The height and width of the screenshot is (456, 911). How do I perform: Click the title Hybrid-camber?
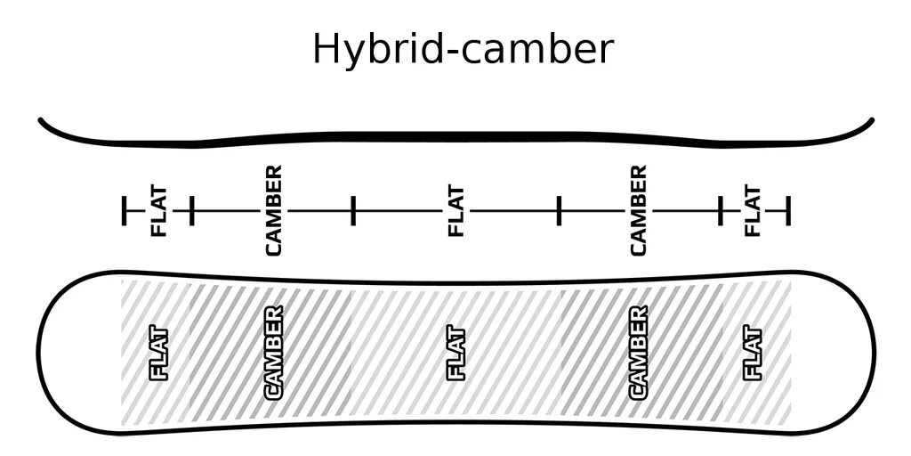coord(463,49)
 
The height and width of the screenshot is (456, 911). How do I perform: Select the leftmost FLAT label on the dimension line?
coord(159,211)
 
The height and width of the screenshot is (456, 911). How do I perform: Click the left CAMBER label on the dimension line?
coord(273,210)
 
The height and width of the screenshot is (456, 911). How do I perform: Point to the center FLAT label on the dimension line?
coord(455,211)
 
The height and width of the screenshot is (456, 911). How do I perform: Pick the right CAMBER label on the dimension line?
coord(637,210)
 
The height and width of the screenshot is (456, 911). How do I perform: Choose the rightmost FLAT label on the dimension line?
coord(753,211)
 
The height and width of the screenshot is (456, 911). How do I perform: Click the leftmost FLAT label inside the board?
coord(160,354)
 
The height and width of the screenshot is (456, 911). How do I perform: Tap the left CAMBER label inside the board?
coord(273,353)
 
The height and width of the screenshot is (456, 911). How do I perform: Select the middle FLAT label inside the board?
coord(455,354)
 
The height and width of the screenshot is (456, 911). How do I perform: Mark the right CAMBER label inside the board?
coord(637,353)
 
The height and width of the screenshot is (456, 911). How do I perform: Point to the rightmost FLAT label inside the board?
coord(753,354)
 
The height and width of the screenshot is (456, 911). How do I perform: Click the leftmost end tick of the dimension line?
coord(125,211)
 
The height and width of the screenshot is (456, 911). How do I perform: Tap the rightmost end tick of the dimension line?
coord(788,211)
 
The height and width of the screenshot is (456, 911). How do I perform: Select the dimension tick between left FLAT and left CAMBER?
coord(191,211)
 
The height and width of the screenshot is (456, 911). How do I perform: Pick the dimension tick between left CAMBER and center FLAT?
coord(353,211)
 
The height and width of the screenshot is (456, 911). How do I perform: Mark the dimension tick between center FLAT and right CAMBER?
coord(559,211)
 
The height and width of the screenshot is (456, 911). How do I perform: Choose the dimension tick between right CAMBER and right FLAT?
coord(721,211)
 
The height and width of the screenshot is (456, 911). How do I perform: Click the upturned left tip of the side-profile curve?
coord(41,120)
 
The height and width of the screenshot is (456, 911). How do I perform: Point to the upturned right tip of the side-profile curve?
coord(871,120)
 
